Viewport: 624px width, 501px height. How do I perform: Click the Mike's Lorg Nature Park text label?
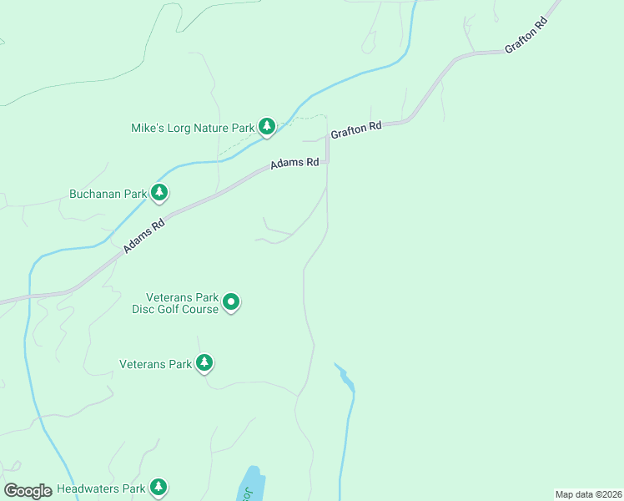click(192, 129)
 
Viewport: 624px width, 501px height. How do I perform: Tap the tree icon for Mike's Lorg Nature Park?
click(266, 126)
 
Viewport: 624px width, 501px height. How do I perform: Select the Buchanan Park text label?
click(108, 195)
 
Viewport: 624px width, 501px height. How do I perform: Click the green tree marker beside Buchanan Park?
click(159, 193)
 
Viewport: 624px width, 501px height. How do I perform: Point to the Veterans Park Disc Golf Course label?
click(181, 303)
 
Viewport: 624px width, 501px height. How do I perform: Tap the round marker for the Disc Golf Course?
click(232, 302)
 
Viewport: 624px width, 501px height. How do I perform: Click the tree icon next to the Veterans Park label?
click(204, 362)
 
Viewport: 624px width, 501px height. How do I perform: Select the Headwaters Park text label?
click(98, 488)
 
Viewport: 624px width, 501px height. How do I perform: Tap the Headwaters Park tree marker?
click(159, 486)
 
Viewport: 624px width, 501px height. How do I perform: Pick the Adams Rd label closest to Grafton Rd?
click(294, 164)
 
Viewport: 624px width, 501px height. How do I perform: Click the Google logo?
click(28, 491)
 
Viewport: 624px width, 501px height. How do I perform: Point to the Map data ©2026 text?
click(588, 494)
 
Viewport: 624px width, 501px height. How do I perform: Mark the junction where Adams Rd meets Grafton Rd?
click(327, 160)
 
